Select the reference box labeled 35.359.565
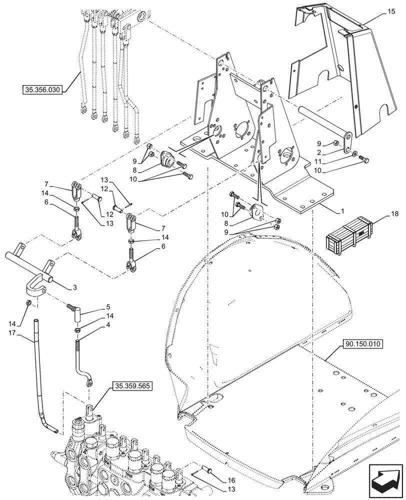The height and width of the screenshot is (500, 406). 132,386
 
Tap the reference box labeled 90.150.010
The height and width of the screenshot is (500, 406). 362,344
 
